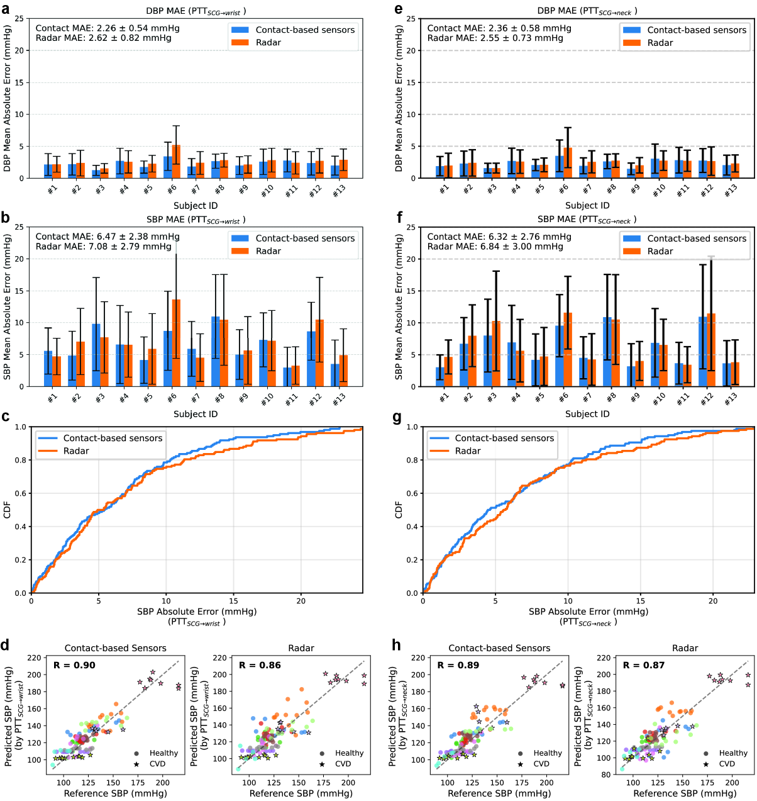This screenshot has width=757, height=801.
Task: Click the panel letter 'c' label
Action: click(6, 417)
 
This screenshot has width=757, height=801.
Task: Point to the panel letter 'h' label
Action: click(396, 645)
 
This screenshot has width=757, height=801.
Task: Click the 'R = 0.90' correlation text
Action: click(74, 665)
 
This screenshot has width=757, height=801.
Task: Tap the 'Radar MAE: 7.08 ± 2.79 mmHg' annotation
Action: click(103, 247)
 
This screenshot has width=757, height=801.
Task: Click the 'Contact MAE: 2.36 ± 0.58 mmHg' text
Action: click(499, 28)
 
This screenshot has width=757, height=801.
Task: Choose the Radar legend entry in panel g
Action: click(468, 451)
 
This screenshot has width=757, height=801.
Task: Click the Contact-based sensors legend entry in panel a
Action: click(305, 30)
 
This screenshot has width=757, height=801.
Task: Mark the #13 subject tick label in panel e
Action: click(730, 191)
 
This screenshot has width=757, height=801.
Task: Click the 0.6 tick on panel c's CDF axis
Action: click(21, 493)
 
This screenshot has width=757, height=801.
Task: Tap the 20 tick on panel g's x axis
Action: click(713, 602)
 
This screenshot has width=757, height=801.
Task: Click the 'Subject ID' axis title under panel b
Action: click(196, 414)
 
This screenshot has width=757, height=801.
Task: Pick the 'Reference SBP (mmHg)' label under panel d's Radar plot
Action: click(301, 793)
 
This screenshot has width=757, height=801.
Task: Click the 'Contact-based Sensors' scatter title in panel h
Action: click(499, 648)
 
